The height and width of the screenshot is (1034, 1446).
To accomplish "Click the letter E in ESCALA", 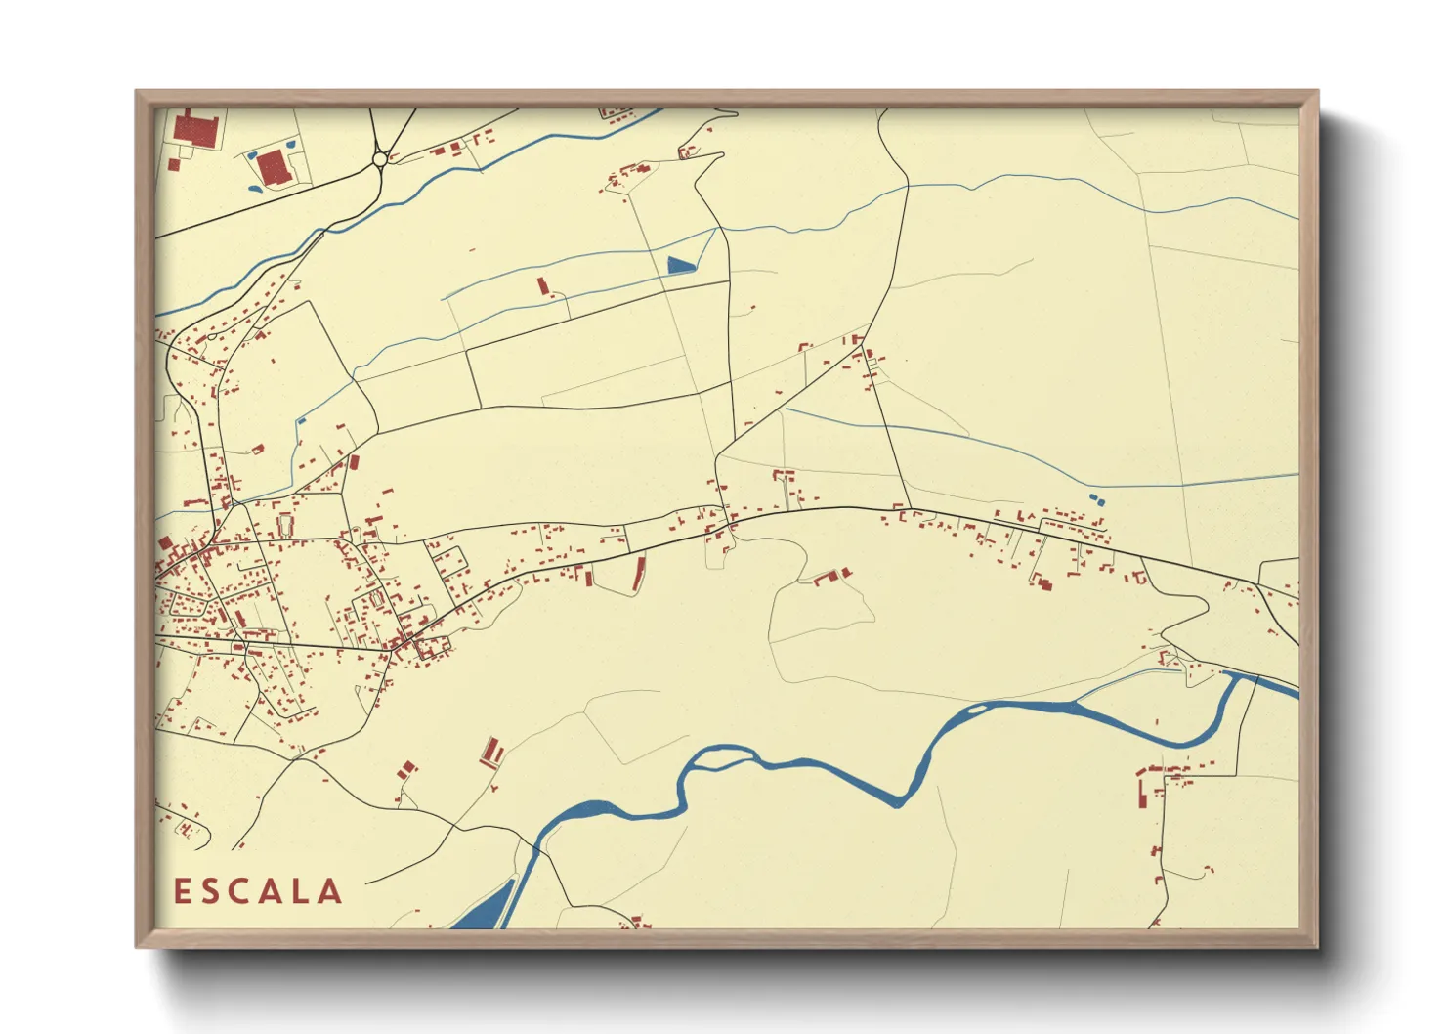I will coord(182,891).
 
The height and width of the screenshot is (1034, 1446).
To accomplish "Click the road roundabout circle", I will coord(380,159).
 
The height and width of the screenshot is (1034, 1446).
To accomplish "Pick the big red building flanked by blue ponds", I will coord(274,167).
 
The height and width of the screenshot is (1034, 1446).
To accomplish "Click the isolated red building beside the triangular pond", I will coord(543,285).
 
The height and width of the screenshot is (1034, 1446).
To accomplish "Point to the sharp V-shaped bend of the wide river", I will coord(900,801).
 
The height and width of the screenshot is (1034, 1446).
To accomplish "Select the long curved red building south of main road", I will coord(639,574).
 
